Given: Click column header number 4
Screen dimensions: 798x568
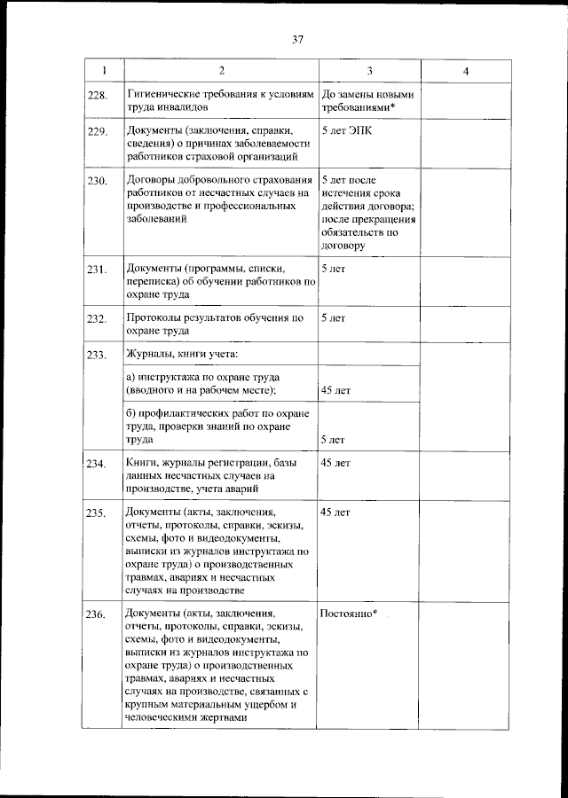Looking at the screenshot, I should [x=465, y=71].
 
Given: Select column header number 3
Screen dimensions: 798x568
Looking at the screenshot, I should [x=369, y=71].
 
